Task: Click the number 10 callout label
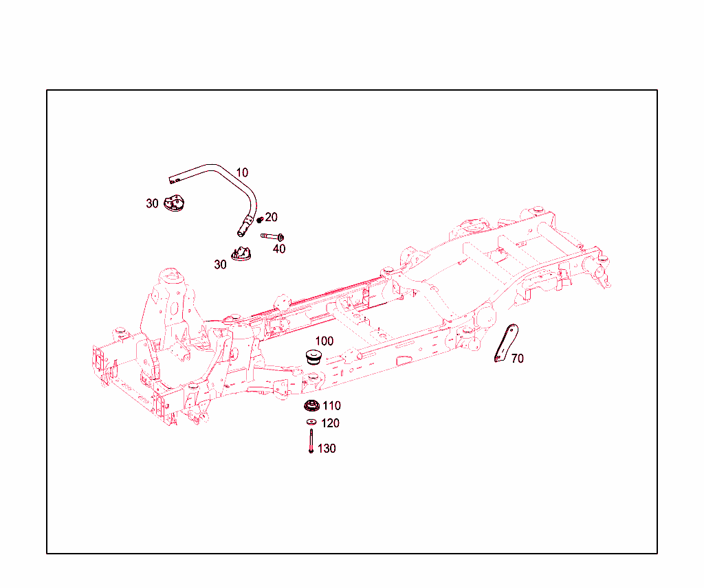242,172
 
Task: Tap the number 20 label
272,217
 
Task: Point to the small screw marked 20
260,220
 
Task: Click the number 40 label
279,249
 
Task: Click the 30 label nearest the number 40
220,264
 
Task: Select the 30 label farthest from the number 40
152,203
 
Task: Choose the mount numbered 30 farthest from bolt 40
175,204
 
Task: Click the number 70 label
518,359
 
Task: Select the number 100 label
324,341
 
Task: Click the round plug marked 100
314,357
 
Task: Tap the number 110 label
331,406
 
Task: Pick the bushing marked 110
312,406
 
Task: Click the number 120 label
330,423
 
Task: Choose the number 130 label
327,449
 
